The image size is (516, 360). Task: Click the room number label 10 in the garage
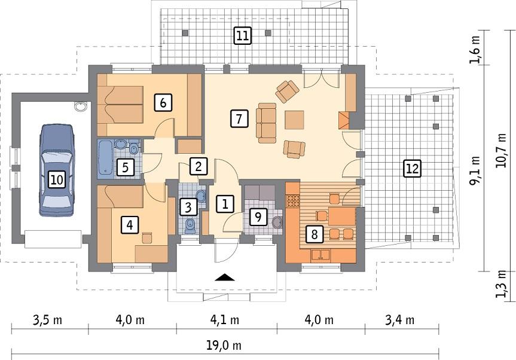pyautogui.click(x=56, y=178)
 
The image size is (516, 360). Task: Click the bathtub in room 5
pyautogui.click(x=105, y=158)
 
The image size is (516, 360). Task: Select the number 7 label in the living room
pyautogui.click(x=238, y=118)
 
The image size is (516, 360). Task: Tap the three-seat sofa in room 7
pyautogui.click(x=266, y=121)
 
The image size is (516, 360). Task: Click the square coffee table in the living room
pyautogui.click(x=294, y=120)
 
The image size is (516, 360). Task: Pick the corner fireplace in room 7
pyautogui.click(x=344, y=120)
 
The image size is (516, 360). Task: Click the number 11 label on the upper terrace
pyautogui.click(x=242, y=36)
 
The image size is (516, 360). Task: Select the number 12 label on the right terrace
pyautogui.click(x=411, y=168)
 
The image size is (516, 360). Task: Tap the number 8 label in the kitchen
pyautogui.click(x=314, y=234)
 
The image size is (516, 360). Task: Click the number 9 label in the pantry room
pyautogui.click(x=257, y=216)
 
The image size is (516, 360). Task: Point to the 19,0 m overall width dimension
pyautogui.click(x=225, y=346)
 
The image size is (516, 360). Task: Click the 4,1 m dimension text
pyautogui.click(x=225, y=320)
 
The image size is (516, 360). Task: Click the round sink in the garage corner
pyautogui.click(x=81, y=107)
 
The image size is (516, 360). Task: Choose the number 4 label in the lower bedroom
pyautogui.click(x=129, y=225)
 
